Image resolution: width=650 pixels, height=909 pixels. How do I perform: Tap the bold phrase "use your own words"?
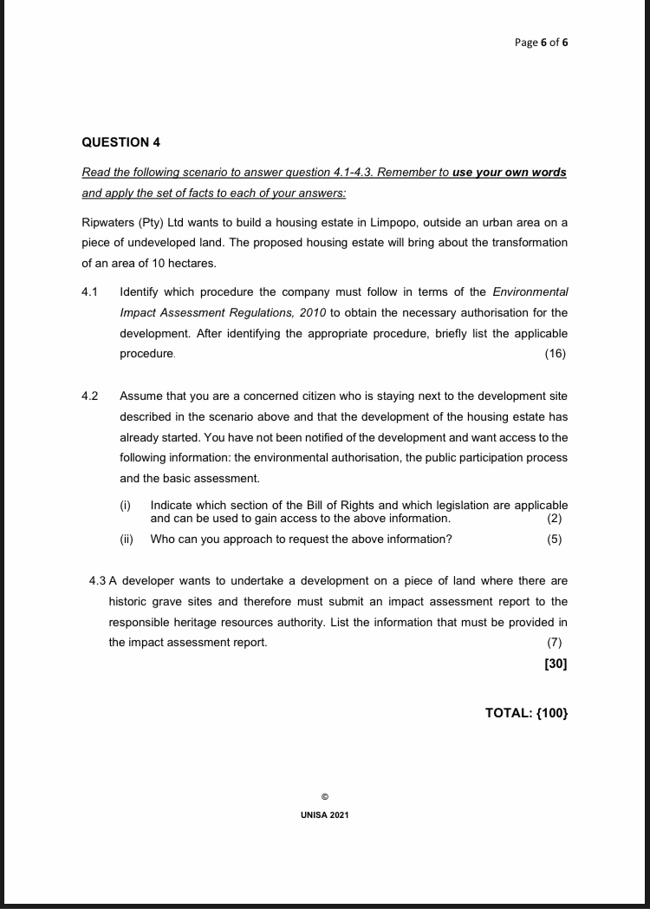[x=510, y=172]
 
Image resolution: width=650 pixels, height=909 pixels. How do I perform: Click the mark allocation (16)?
[x=556, y=354]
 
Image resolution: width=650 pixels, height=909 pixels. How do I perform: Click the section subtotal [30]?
[x=556, y=664]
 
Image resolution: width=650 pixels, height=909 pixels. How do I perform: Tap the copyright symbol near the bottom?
[x=324, y=795]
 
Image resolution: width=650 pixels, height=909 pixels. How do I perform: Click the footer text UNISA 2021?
[x=324, y=816]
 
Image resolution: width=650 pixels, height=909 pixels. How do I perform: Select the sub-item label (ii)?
[x=127, y=539]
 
